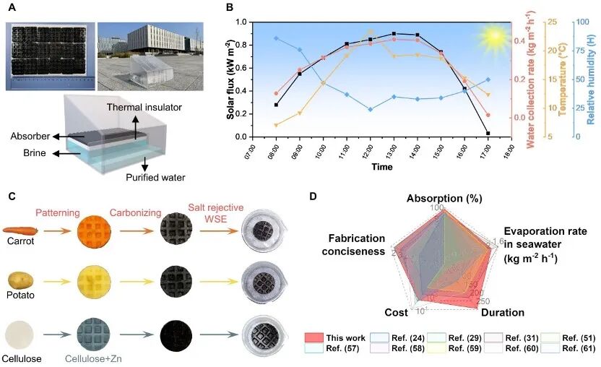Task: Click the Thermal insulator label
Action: point(141,107)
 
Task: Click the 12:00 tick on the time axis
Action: point(371,152)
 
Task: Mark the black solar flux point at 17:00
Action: point(489,133)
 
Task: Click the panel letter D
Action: point(312,196)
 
